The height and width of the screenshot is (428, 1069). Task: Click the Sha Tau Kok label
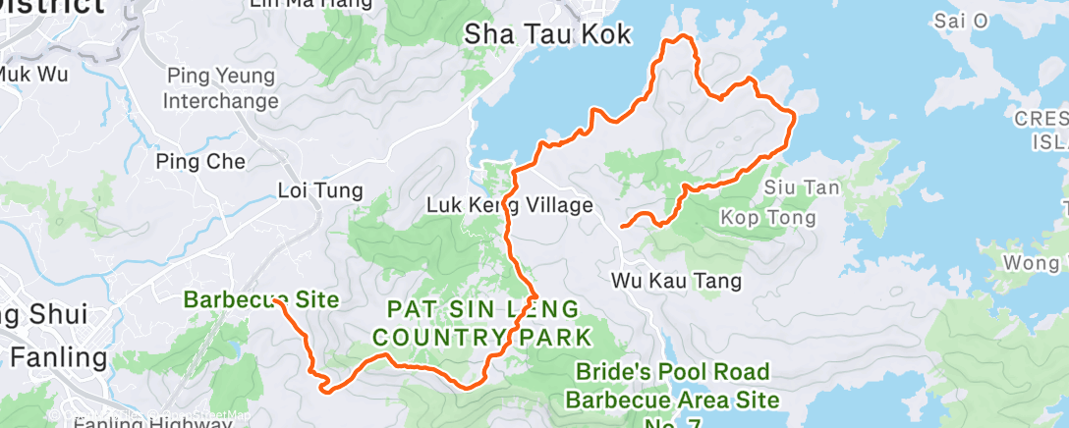[548, 33]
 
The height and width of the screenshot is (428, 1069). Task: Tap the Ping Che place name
[201, 161]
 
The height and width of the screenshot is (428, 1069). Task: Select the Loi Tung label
[320, 190]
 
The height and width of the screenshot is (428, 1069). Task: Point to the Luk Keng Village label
[509, 205]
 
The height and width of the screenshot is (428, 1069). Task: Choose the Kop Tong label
[767, 216]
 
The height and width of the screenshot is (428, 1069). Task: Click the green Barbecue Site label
[261, 299]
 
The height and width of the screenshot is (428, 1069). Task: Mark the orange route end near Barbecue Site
[280, 302]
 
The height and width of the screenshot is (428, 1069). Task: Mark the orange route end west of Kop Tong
[623, 228]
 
